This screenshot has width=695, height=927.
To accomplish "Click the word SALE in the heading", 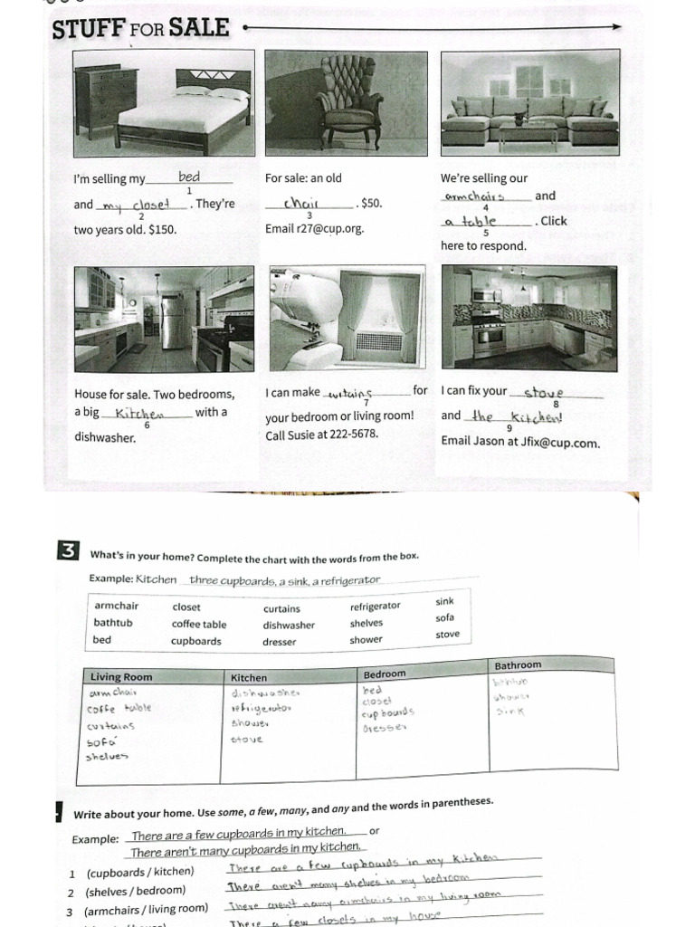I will pos(200,28).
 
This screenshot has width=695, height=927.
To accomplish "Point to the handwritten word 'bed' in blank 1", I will pos(189,177).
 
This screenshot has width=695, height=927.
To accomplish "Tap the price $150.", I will pos(160,230).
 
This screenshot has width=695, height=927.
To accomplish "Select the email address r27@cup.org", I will pos(328,229).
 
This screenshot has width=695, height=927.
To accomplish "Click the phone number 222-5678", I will pos(351,435).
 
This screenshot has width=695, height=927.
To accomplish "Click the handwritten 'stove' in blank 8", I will pos(544,392).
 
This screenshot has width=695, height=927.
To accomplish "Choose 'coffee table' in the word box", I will pos(199,624).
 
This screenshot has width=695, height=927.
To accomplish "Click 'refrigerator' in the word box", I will pos(375,606).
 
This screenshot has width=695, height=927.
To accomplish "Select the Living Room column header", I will pos(120,677).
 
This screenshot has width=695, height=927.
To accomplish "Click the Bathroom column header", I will pos(518,666).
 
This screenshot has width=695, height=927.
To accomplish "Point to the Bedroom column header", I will pos(385,674).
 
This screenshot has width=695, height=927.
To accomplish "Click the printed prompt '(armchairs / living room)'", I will pos(146,910).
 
